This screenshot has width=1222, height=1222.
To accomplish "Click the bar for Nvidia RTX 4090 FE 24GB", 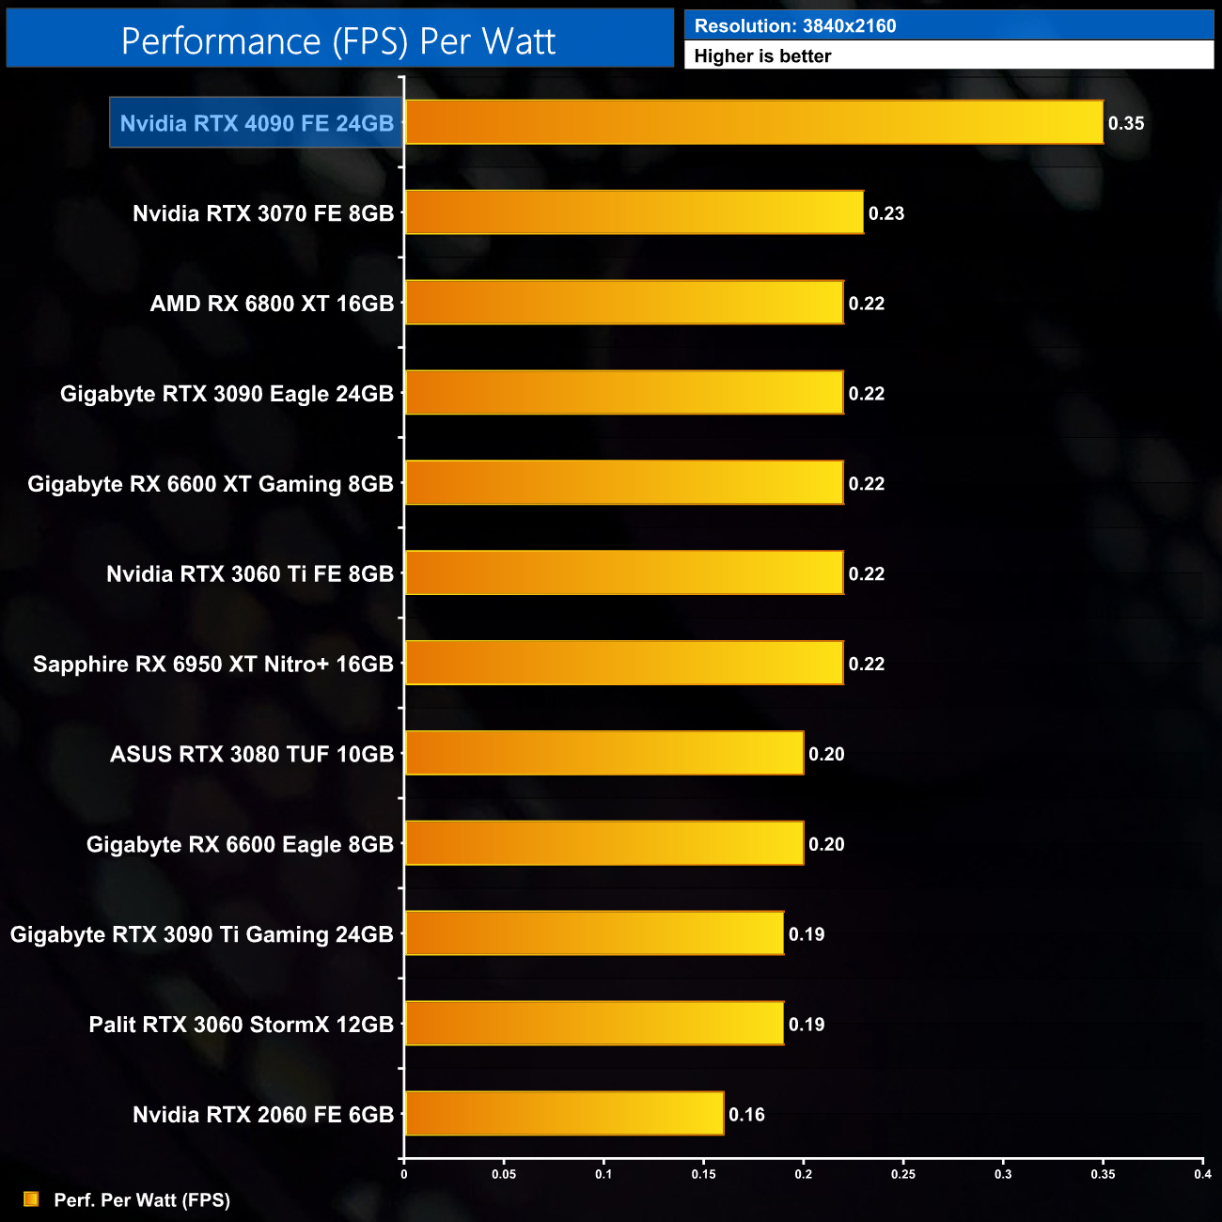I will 754,122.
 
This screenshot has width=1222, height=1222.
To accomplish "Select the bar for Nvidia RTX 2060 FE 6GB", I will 564,1114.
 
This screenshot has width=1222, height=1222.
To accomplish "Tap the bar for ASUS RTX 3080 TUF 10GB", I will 604,753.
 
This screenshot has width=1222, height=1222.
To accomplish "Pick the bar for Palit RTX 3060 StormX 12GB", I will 594,1024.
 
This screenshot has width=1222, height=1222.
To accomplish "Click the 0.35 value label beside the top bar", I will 1126,123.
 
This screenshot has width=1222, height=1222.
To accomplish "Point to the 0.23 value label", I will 886,213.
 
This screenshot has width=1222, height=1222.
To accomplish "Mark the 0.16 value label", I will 746,1115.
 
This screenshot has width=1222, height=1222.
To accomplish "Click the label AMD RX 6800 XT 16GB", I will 272,304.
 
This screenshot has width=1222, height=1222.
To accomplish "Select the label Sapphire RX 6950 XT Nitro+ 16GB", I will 213,665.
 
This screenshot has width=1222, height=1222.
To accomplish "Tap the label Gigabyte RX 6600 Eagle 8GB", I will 240,844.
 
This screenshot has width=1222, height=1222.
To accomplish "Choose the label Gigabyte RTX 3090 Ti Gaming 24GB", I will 201,934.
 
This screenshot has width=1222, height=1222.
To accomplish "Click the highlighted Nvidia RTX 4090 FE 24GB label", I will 257,123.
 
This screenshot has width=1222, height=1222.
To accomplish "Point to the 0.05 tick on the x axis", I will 504,1174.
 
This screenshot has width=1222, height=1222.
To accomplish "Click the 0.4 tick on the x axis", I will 1202,1174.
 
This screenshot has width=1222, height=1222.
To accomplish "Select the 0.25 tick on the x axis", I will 903,1174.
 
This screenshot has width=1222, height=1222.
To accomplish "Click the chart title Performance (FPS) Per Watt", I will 338,41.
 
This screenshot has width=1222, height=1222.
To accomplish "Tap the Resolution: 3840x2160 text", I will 795,26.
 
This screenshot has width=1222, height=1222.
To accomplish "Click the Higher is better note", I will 762,56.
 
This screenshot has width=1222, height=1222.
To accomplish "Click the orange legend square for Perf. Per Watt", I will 31,1199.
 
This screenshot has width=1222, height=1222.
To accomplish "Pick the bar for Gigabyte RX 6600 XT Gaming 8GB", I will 624,483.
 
